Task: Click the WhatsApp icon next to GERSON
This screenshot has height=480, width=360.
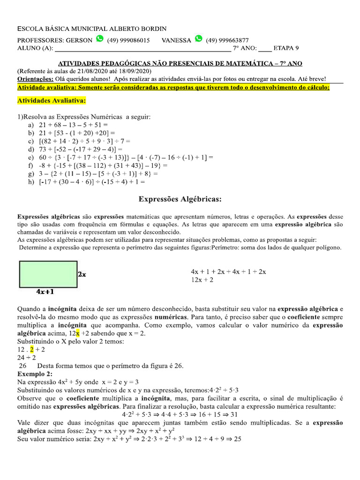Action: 99,39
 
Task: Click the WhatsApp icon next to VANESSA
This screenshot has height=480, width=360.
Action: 198,39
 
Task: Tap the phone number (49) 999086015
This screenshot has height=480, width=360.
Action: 128,40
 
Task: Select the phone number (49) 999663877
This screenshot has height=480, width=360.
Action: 227,40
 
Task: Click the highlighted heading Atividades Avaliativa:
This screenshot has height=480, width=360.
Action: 52,100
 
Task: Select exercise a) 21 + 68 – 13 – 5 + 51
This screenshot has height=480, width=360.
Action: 68,125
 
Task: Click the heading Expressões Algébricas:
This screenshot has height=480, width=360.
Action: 180,199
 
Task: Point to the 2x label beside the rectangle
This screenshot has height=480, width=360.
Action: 82,274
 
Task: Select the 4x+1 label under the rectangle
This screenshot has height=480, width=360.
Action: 45,292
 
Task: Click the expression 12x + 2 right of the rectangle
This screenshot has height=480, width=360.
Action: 202,280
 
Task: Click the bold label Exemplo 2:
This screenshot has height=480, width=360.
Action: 35,374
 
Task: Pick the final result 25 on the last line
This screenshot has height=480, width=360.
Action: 237,440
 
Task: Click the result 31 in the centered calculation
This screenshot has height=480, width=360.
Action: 234,414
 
